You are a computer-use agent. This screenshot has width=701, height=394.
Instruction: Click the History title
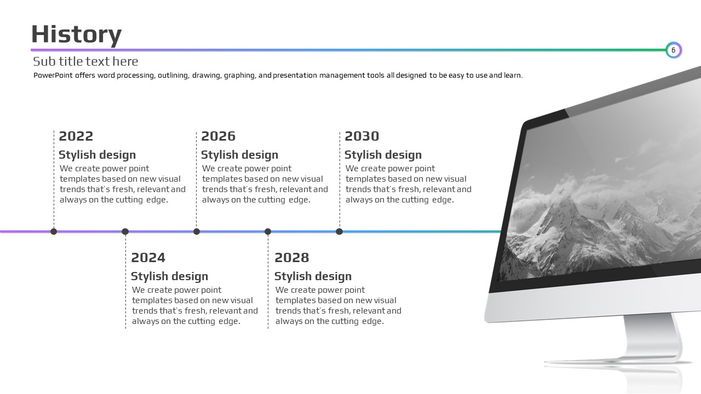[x=76, y=35]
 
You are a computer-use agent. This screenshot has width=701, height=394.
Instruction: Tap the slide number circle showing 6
[x=674, y=50]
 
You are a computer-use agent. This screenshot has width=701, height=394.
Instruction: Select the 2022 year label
[x=76, y=136]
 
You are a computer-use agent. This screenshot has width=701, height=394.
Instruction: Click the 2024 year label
[x=148, y=258]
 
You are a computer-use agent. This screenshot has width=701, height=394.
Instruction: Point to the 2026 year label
[x=218, y=136]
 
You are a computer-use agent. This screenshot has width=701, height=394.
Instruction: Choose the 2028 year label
[x=292, y=258]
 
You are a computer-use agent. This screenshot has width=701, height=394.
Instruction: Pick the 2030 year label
[x=362, y=136]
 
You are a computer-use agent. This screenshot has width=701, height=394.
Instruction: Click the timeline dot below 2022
[x=54, y=231]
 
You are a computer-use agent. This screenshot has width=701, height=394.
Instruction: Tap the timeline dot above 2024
[x=125, y=231]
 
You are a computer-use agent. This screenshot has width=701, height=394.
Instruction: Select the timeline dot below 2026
[x=197, y=231]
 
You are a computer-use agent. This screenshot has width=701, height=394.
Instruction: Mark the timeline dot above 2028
[x=268, y=231]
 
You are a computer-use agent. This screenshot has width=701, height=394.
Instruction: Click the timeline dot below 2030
[x=339, y=231]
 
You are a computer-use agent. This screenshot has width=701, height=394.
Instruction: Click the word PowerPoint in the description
[x=53, y=76]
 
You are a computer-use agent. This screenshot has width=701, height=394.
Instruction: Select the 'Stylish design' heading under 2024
[x=169, y=276]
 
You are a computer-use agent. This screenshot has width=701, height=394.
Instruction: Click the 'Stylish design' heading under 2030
[x=383, y=155]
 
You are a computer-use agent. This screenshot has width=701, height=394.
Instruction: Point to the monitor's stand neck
[x=652, y=336]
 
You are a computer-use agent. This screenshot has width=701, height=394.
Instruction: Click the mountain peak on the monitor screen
[x=567, y=200]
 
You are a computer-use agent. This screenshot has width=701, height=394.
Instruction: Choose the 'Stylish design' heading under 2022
[x=97, y=155]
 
